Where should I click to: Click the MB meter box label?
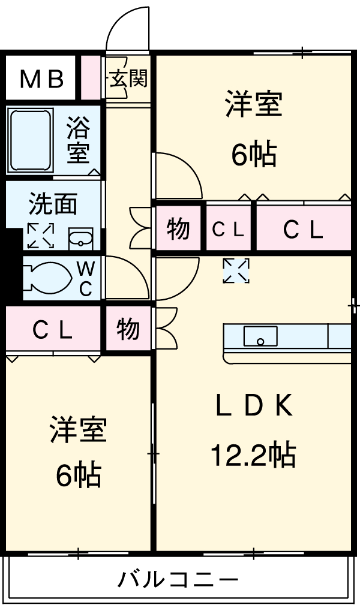point(41,79)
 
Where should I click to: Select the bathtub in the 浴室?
point(30,140)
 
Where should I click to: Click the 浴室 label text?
point(78,139)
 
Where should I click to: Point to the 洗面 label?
point(53,204)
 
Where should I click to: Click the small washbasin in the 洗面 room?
point(80,239)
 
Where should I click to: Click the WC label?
point(85,278)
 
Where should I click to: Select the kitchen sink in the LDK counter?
point(260,336)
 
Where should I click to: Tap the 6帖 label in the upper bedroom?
point(254,155)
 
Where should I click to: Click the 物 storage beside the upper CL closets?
point(178,228)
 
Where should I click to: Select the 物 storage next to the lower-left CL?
point(128,329)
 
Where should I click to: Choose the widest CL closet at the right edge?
point(304,228)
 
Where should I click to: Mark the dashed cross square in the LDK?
point(236,271)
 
